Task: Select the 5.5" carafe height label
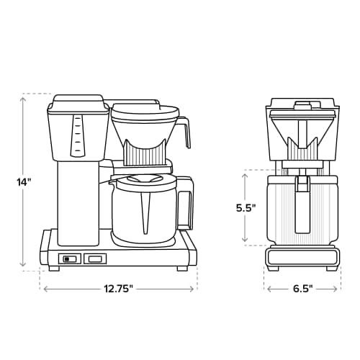coord(247,207)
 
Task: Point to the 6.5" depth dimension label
coord(303,288)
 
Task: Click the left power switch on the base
coord(69,259)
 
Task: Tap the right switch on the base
coord(94,259)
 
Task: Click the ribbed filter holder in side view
coord(146,153)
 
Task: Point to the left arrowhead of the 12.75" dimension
coord(46,288)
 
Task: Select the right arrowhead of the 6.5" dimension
coord(338,288)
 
